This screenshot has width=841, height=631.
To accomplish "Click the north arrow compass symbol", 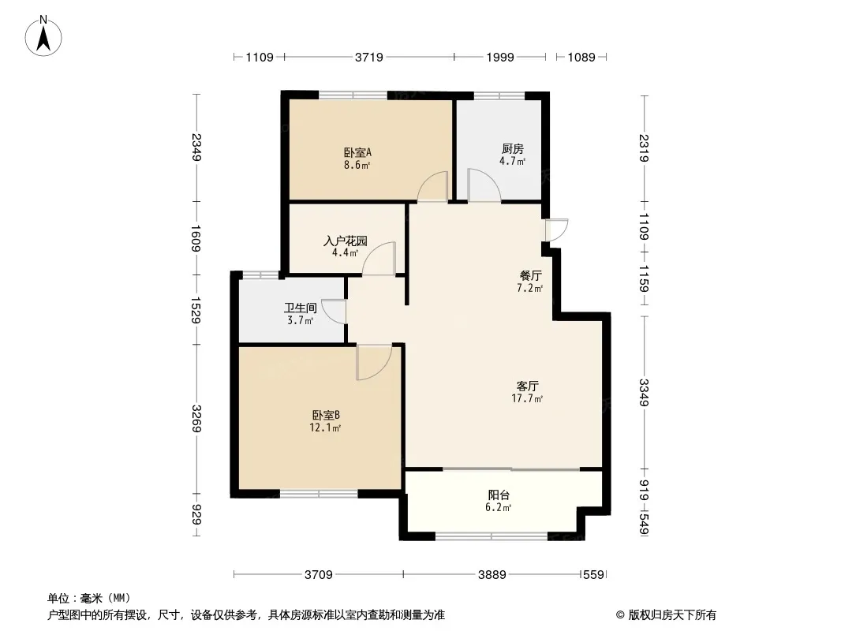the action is [43, 36].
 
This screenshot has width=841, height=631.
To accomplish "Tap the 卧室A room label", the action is [357, 153].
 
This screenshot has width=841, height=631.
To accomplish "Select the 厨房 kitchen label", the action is [513, 148].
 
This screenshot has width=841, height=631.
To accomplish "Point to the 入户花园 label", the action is [345, 241].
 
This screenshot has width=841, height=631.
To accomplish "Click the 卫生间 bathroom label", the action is [301, 308].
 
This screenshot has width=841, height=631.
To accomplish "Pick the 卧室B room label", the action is [326, 416].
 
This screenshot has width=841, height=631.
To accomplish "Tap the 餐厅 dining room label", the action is [530, 276].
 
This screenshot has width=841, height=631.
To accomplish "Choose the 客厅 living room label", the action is [527, 386].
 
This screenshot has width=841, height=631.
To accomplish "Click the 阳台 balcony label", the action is [499, 495].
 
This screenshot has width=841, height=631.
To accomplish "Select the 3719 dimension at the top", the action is [369, 57].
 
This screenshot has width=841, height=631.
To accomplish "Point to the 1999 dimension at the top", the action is [500, 57].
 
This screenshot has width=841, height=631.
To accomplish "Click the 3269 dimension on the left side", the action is [196, 419].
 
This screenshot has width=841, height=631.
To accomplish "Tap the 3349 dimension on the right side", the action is [644, 393].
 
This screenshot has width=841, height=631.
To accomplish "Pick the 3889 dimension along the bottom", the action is [492, 575].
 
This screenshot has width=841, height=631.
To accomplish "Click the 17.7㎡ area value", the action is [527, 398].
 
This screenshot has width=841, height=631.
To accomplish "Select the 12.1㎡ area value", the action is [325, 428].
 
